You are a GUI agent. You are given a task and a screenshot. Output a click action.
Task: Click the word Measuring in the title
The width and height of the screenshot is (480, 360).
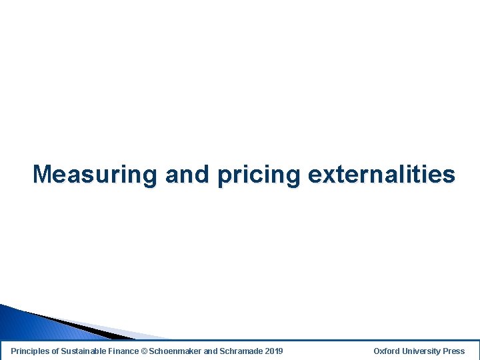pos(95,175)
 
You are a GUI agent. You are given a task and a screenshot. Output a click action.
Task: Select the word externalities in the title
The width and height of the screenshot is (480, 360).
pos(381,175)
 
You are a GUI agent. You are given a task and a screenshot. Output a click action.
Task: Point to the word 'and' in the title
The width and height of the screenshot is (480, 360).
pos(187,175)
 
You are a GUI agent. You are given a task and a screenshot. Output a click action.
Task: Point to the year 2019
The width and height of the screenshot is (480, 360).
pos(273,351)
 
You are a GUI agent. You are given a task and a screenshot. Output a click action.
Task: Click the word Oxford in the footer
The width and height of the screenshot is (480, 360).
pos(387,351)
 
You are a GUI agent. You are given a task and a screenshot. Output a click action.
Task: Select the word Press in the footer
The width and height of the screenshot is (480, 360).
pos(454,351)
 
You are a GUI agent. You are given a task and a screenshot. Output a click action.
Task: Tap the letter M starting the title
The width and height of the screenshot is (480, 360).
pos(42,175)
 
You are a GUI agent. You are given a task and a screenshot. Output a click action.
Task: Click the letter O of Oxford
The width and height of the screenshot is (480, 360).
pos(377,351)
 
